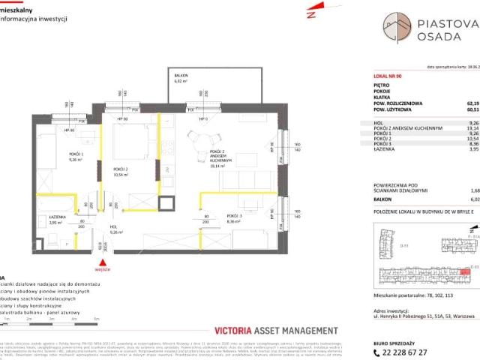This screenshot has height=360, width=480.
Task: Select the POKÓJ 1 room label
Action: pos(55,156)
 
